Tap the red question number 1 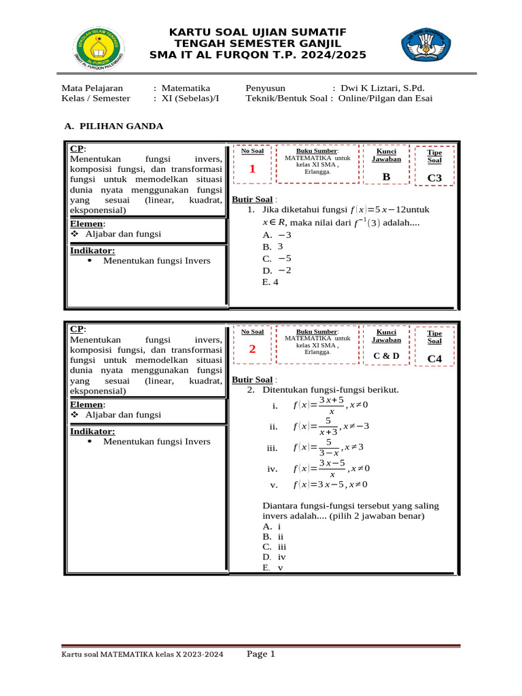(x=251, y=169)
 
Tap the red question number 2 (x=251, y=350)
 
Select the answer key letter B (x=386, y=177)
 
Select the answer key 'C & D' (x=386, y=355)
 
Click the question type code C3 (x=434, y=178)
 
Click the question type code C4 (x=434, y=359)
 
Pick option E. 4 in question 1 (x=271, y=282)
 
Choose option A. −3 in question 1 (x=273, y=234)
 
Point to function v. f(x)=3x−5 (x=319, y=485)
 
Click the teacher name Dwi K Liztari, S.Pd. (x=387, y=88)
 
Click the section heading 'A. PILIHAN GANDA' (x=114, y=126)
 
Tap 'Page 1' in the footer (x=260, y=655)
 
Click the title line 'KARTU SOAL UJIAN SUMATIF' (x=258, y=32)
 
